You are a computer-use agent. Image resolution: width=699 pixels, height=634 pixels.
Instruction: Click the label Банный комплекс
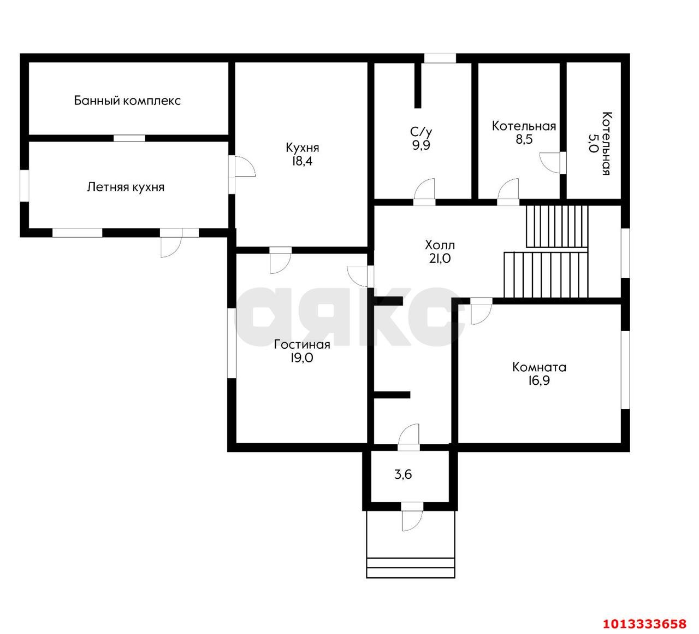coord(127,101)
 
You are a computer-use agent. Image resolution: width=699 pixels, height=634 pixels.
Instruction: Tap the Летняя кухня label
coord(126,187)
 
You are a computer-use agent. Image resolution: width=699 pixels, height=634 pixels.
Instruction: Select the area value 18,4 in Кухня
coord(302,161)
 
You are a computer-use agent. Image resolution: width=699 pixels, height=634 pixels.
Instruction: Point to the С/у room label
coord(421,132)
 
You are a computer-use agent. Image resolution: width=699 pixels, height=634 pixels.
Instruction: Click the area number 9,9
coord(421,145)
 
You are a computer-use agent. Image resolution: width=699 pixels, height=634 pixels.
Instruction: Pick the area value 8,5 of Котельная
coord(524,139)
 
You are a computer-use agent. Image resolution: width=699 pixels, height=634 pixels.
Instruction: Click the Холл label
coord(440,245)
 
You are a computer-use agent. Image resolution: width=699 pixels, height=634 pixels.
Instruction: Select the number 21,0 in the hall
coord(440,259)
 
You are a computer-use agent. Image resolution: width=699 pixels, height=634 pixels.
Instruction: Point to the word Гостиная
coord(302,344)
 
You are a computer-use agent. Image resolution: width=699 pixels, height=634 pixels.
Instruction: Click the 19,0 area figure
coord(302,358)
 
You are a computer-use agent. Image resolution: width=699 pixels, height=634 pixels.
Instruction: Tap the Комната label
coord(539,367)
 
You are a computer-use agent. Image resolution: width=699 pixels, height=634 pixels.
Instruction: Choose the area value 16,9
coord(539,380)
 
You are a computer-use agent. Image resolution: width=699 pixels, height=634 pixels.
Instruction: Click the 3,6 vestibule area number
coord(403,474)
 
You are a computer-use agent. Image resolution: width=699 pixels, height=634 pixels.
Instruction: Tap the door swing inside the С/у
coord(424,192)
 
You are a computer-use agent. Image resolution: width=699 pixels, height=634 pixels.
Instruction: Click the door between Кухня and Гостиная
coord(281,261)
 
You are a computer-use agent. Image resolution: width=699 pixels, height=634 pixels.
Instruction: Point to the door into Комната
coord(481,311)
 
